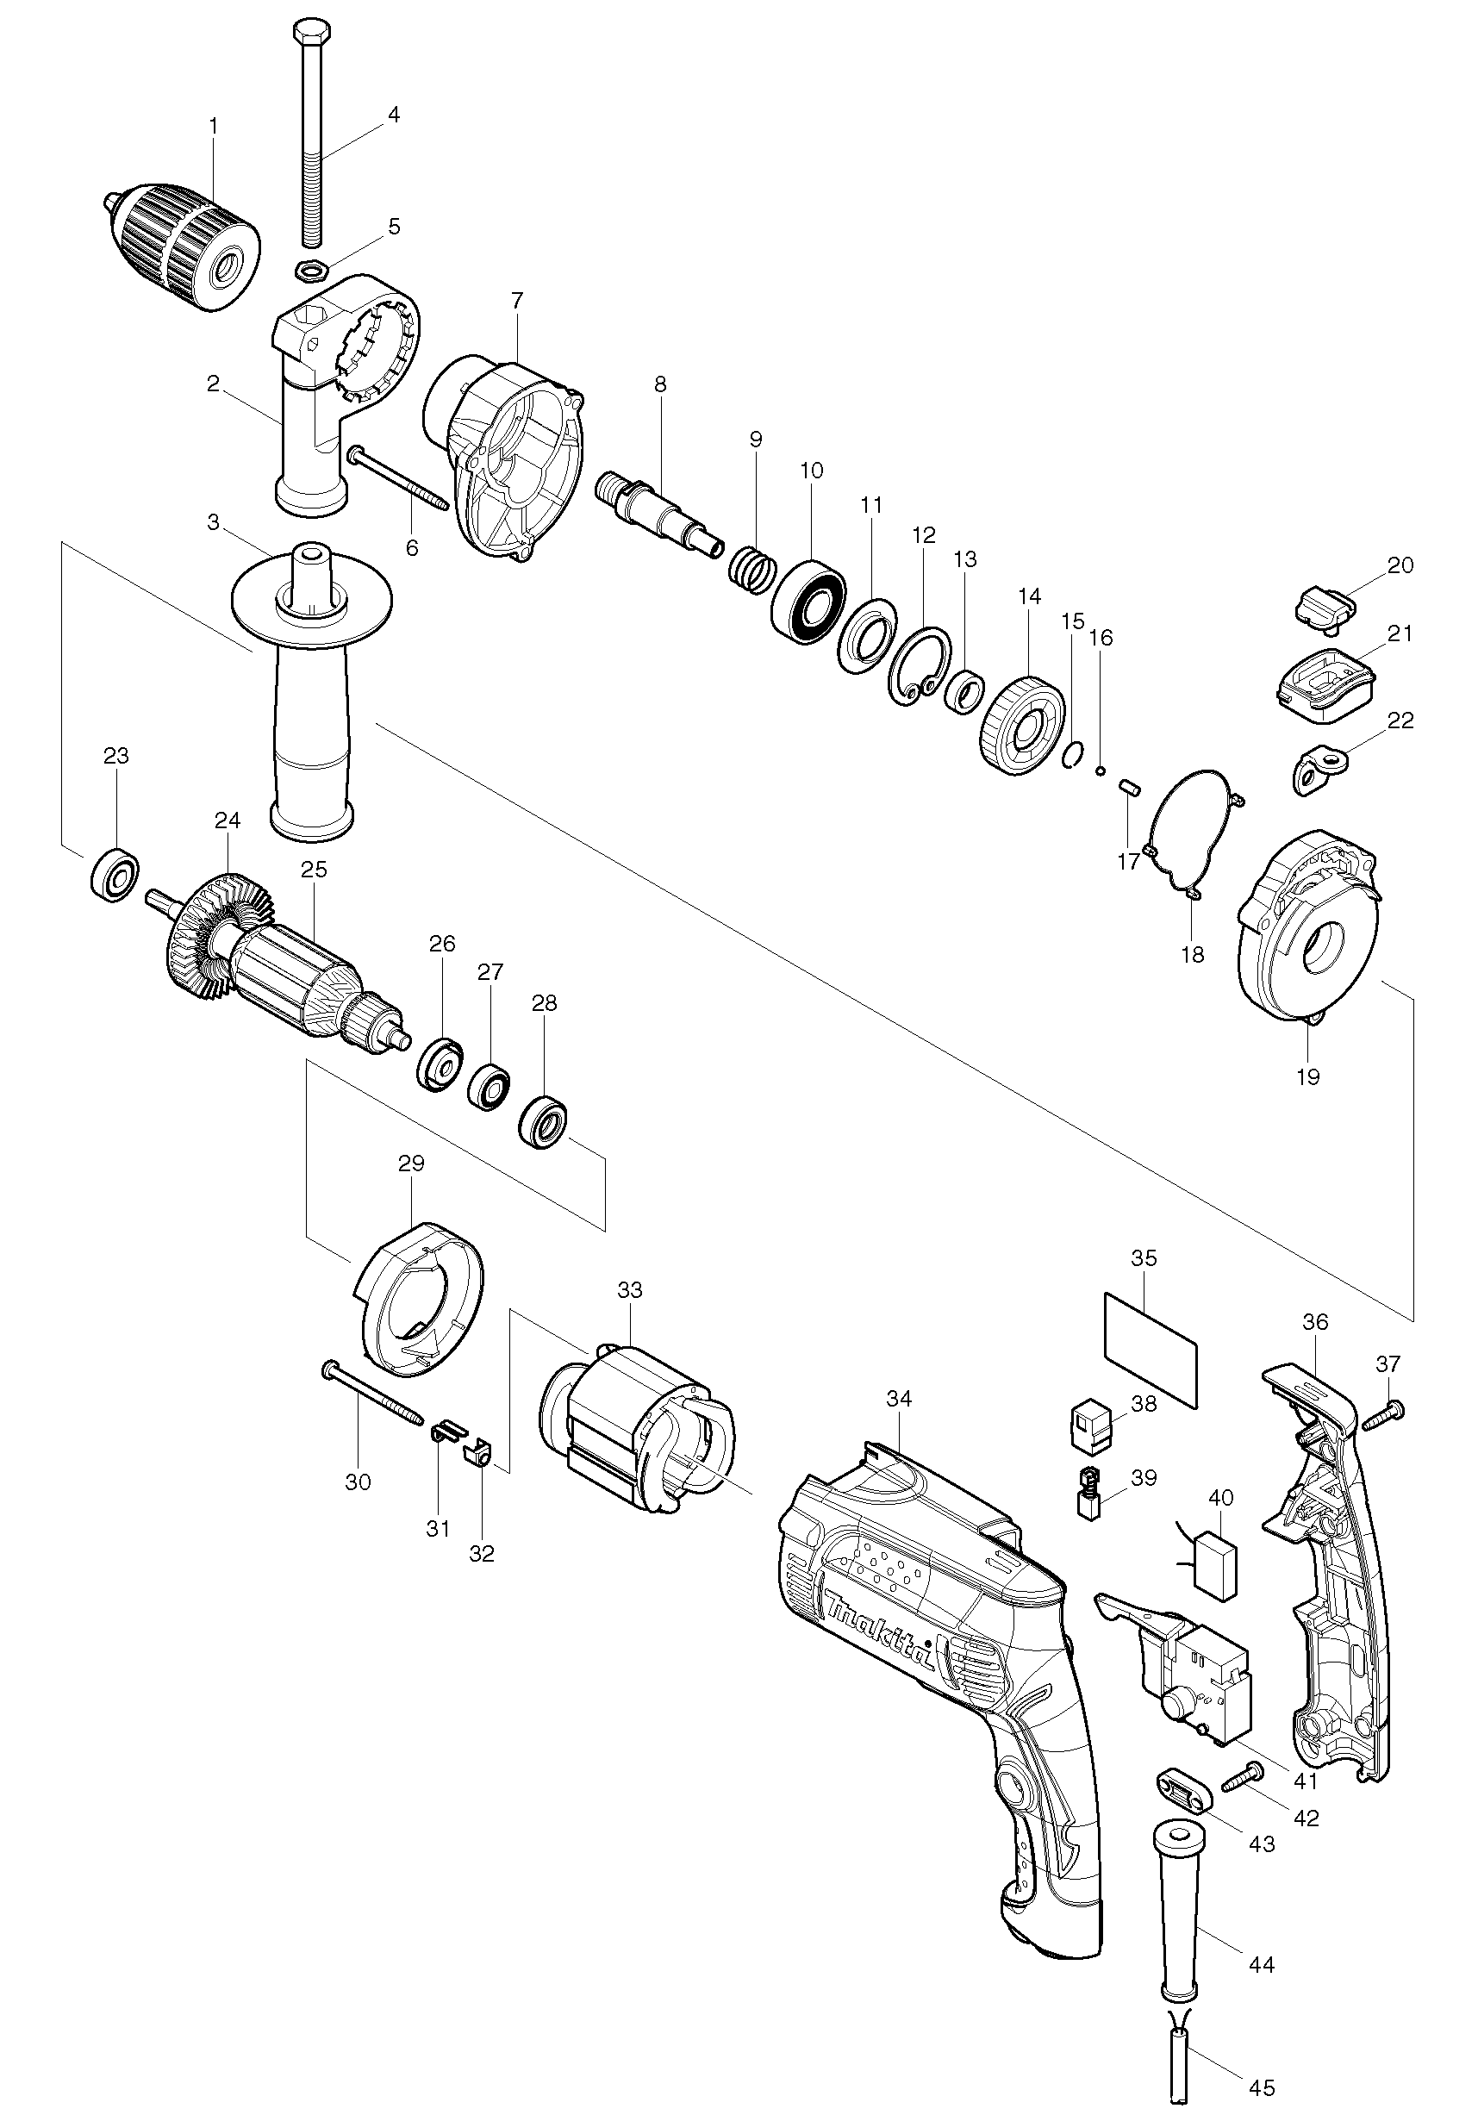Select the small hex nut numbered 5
coord(307,271)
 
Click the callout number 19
coord(1307,1076)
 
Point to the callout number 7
coord(516,300)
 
